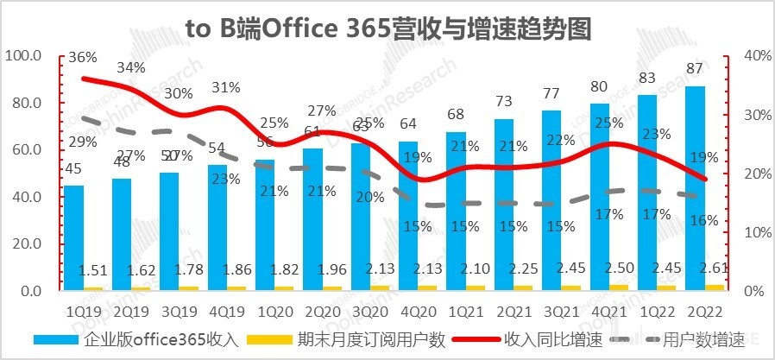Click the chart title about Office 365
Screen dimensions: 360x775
[x=387, y=28]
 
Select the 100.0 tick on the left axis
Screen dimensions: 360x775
[x=23, y=56]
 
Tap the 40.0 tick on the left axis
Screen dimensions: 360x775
[x=23, y=198]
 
